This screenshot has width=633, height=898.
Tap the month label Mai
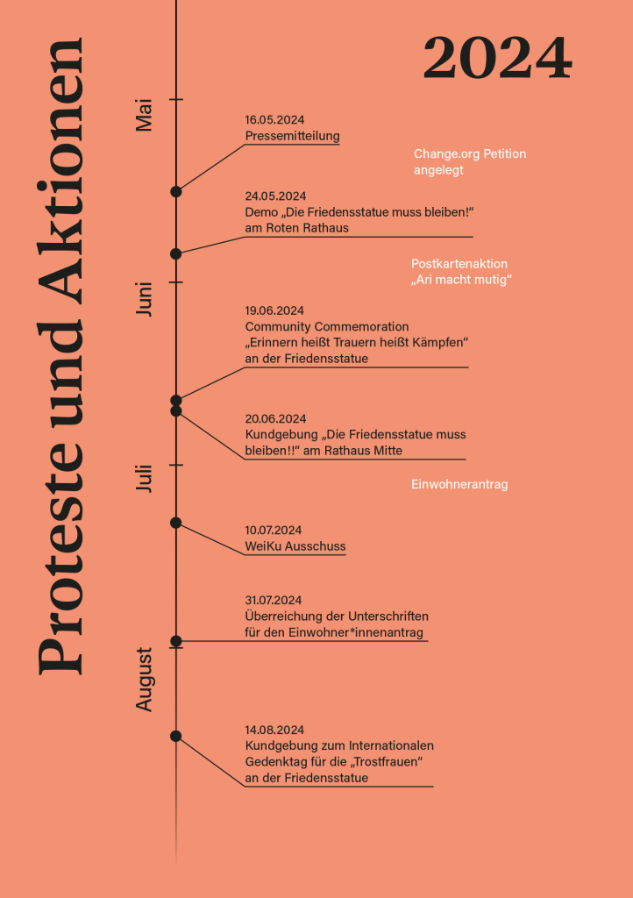click(x=145, y=115)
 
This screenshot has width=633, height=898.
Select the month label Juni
click(x=145, y=299)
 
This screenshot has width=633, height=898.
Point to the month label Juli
click(x=145, y=479)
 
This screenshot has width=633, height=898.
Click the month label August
click(x=145, y=680)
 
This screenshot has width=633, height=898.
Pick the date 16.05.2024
click(x=274, y=120)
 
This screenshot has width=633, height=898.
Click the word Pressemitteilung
click(x=292, y=136)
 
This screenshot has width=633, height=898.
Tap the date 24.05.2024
click(x=274, y=196)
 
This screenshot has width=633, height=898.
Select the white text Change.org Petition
click(x=470, y=153)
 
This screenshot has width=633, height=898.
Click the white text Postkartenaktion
click(x=459, y=263)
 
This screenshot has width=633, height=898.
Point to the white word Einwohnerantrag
click(x=459, y=484)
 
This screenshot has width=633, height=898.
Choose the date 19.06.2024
click(x=274, y=310)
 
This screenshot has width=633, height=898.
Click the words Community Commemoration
click(x=327, y=326)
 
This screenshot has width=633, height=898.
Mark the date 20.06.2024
click(x=274, y=418)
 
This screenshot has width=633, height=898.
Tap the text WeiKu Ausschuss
click(x=295, y=546)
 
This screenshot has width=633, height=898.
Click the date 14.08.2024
click(x=274, y=730)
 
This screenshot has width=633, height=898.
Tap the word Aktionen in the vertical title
click(x=60, y=170)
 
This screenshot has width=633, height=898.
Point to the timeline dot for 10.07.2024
click(x=175, y=523)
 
